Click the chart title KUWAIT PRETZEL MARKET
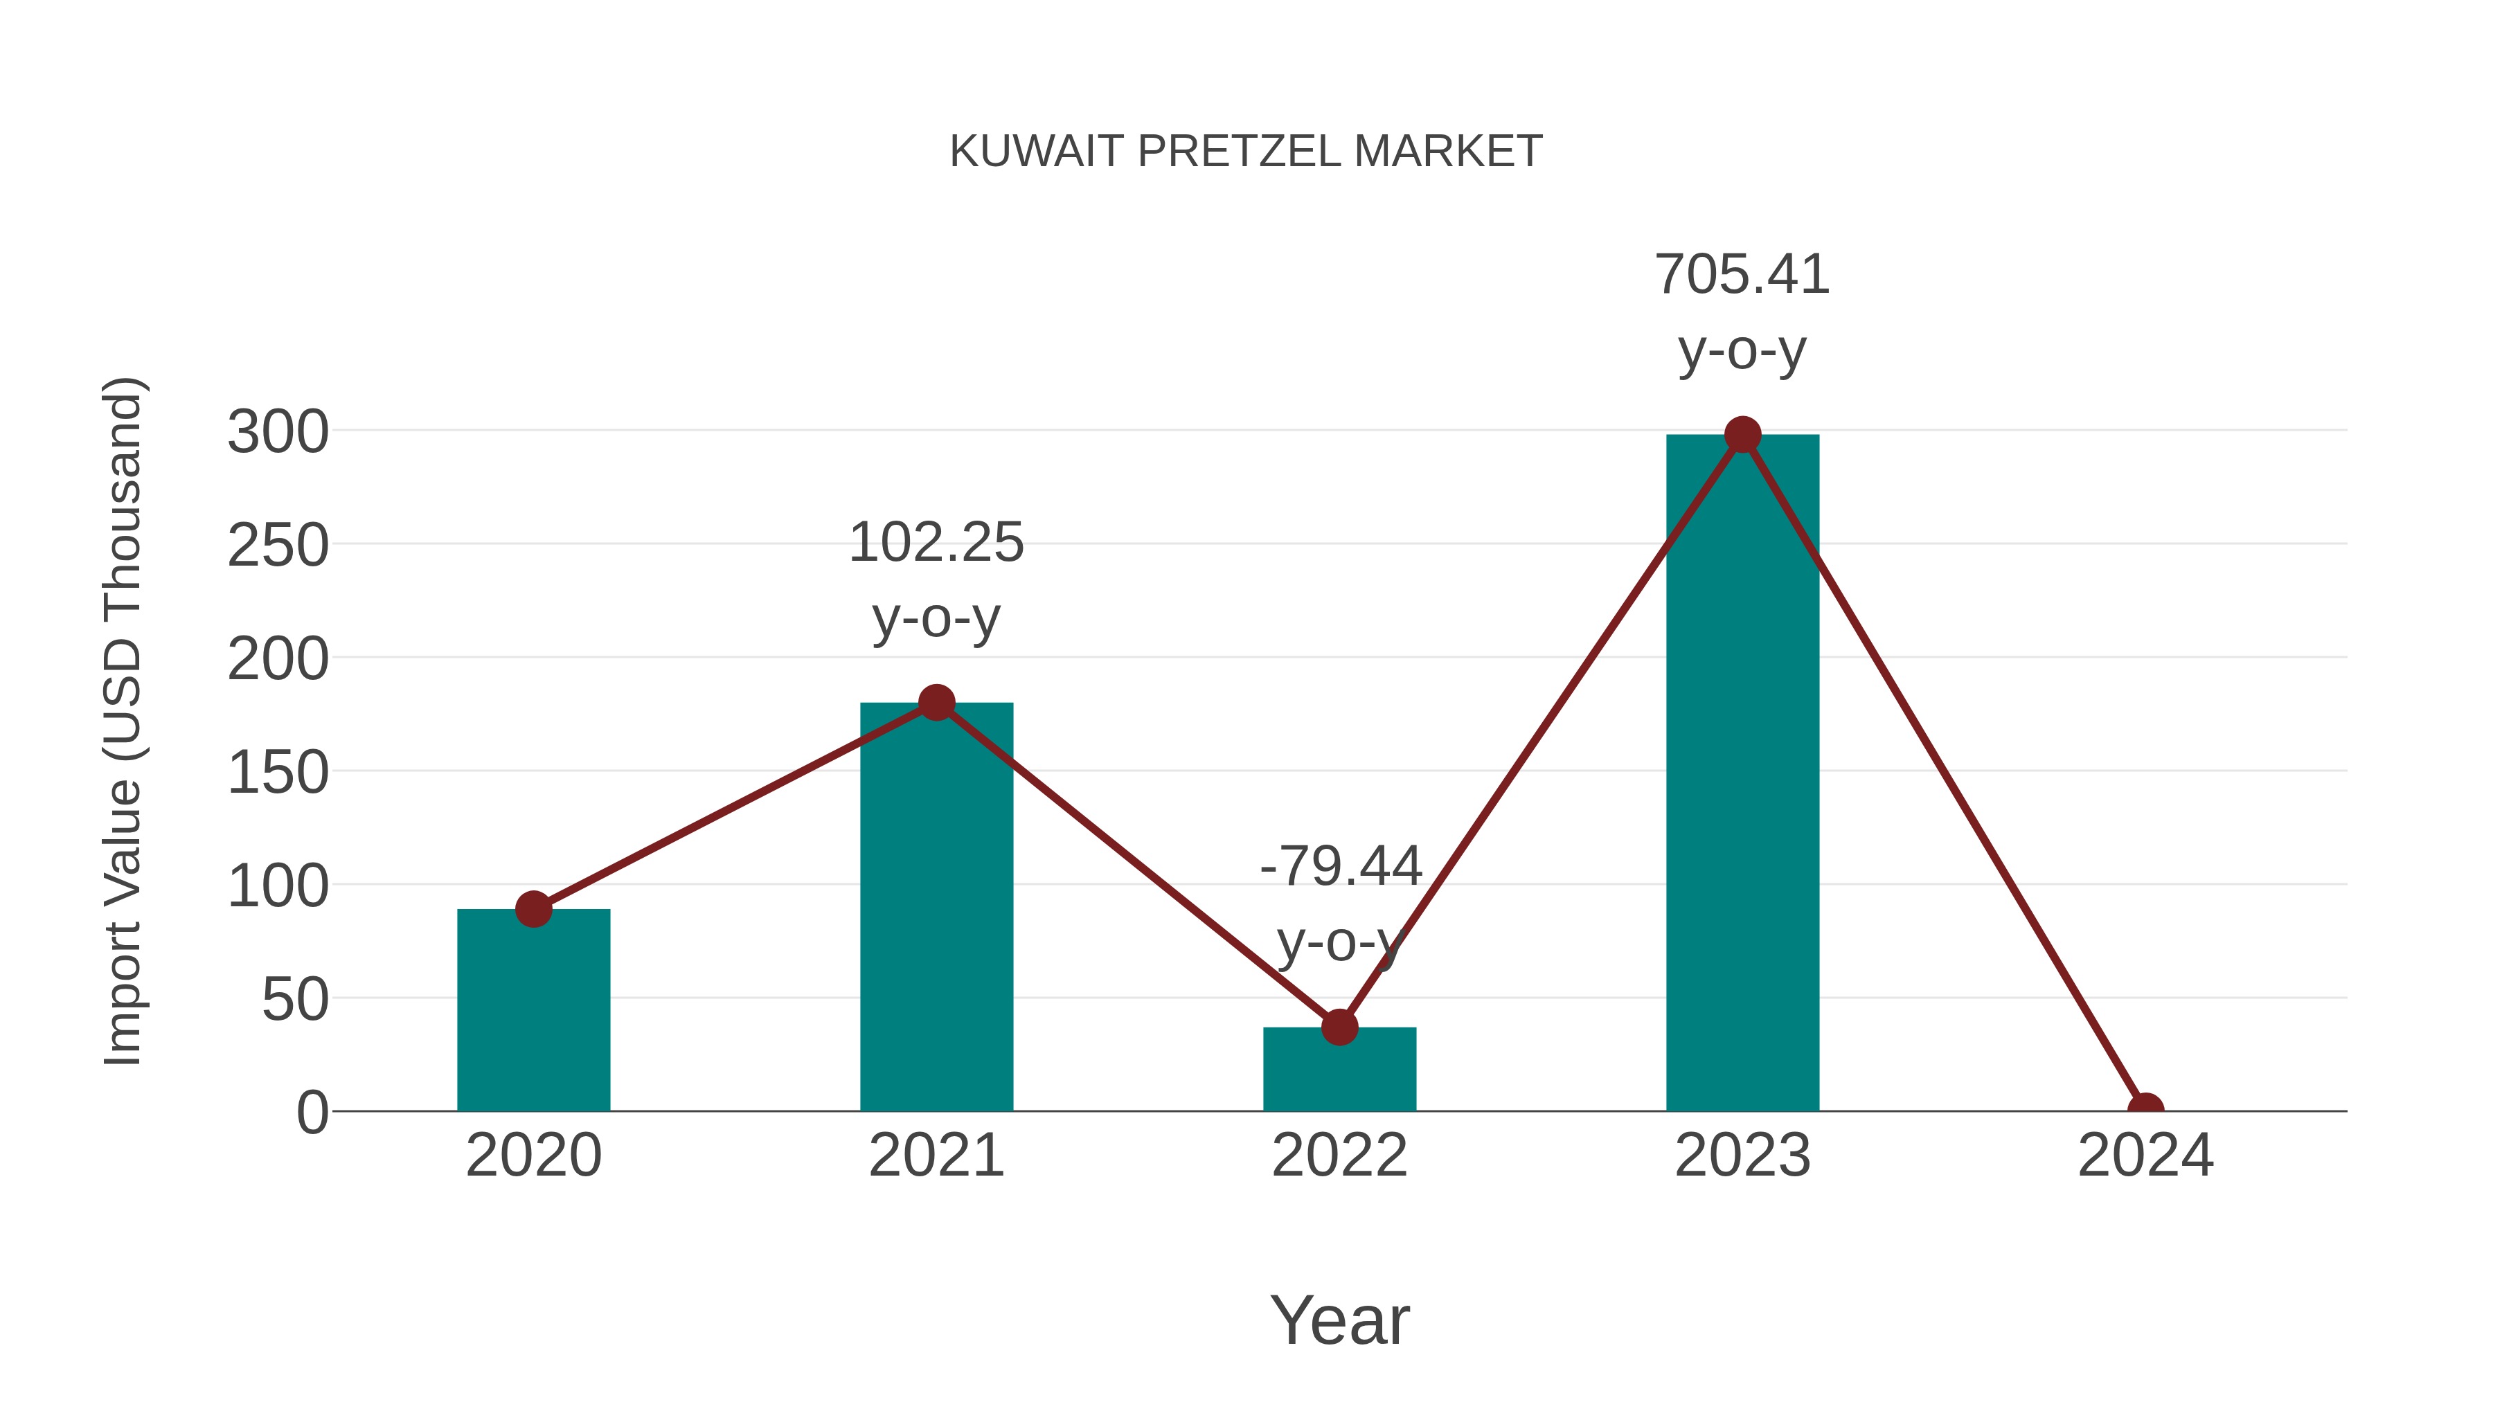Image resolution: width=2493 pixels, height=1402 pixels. (x=1246, y=152)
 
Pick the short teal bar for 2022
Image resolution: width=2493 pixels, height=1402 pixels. (x=1339, y=1068)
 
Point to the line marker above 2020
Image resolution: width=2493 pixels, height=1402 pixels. (x=533, y=908)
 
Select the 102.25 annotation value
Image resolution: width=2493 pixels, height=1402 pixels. (x=936, y=542)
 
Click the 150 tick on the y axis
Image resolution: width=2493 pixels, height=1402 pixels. (x=278, y=773)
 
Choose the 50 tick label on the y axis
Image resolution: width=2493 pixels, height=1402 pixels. (x=294, y=1000)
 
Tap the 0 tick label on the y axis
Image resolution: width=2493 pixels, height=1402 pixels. (x=312, y=1112)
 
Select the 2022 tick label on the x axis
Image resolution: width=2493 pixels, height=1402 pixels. (x=1339, y=1156)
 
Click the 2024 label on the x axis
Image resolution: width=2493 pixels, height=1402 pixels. (x=2145, y=1156)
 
